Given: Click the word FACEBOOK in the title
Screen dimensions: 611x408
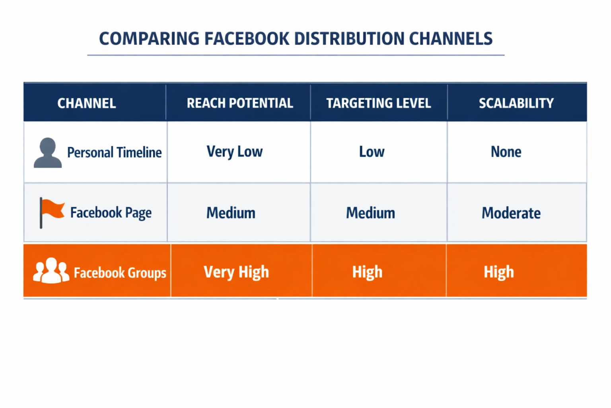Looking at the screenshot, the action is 247,39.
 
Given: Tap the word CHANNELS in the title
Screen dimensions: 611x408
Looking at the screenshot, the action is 451,39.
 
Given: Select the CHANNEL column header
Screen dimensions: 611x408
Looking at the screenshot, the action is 86,103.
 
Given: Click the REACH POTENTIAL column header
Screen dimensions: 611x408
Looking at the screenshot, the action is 240,103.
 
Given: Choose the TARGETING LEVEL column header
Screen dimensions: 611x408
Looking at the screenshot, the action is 379,103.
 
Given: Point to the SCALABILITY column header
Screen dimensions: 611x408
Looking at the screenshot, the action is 516,103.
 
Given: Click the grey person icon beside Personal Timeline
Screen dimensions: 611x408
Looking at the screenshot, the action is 48,153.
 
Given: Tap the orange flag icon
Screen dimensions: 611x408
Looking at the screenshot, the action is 52,213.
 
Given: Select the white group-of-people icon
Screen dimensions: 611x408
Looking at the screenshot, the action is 51,270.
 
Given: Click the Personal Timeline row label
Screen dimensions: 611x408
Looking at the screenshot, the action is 114,153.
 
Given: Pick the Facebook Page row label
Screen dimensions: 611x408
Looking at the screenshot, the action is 111,213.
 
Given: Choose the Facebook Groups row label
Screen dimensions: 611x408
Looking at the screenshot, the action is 120,273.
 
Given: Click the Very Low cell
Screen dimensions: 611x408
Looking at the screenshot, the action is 235,152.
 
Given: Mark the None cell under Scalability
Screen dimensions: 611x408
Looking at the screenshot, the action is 506,152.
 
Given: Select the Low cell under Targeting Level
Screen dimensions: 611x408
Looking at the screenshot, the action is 372,152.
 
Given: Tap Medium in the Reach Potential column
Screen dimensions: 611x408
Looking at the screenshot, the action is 231,213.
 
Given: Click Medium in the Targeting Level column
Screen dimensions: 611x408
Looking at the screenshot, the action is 370,213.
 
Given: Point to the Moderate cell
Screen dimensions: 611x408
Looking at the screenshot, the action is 511,213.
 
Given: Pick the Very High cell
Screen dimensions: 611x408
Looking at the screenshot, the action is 236,272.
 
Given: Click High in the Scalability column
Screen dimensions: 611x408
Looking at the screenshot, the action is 499,272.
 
